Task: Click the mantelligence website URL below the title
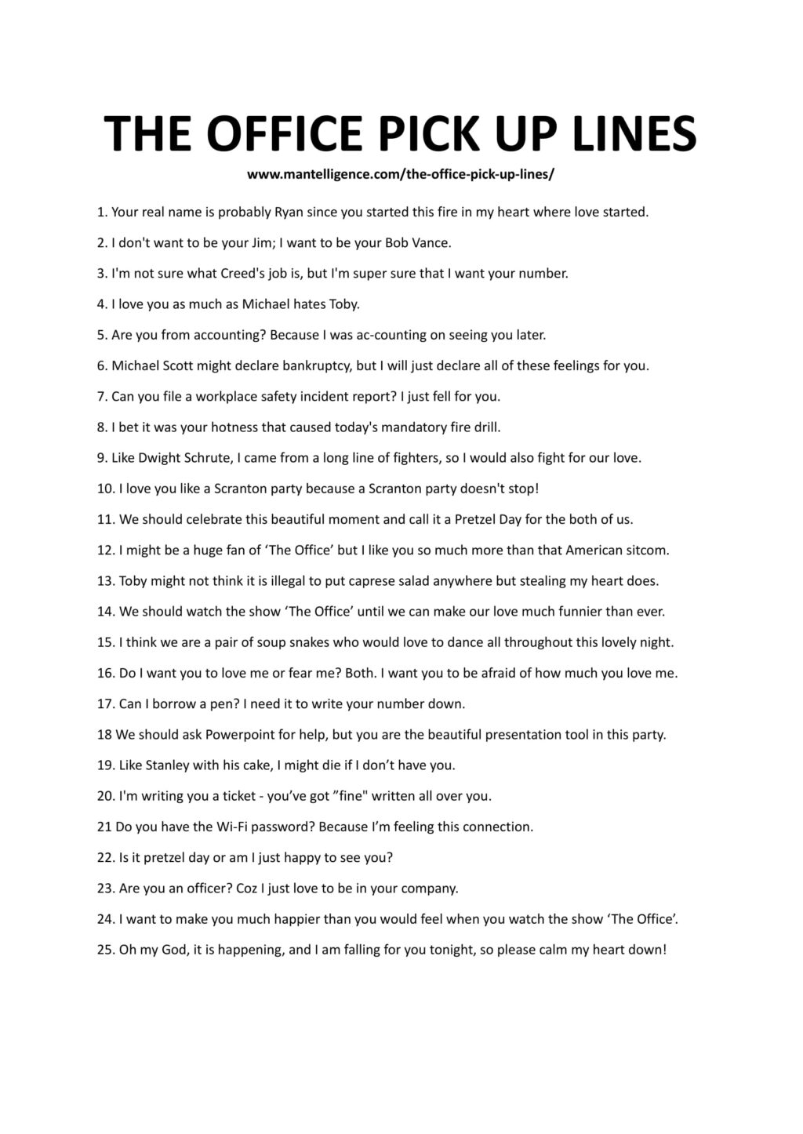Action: tap(401, 174)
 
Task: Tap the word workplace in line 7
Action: tap(205, 397)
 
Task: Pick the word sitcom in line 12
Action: tap(649, 551)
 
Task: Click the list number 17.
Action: tap(105, 704)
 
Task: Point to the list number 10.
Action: tap(105, 489)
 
